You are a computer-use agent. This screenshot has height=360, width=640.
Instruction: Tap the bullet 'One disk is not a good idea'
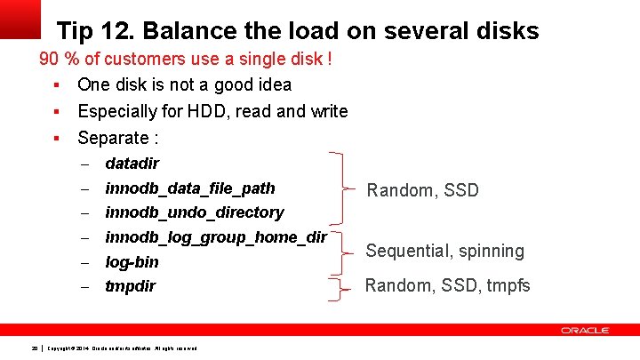184,85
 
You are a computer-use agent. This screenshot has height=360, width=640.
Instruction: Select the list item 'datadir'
132,164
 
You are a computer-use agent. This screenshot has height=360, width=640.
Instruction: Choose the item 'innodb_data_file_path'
189,188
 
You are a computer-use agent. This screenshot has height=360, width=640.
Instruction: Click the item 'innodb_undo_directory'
194,212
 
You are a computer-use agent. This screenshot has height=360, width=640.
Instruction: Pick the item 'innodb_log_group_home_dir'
215,237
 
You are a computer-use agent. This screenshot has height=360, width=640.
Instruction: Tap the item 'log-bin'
132,262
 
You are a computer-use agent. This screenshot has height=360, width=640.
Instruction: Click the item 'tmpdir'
130,286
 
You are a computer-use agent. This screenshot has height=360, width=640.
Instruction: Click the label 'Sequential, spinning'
445,252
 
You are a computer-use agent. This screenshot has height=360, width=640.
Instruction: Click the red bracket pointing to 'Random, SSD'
342,188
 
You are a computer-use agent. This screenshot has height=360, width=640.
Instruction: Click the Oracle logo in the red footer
584,331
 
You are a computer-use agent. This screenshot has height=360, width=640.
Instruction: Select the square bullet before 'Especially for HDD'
55,112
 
